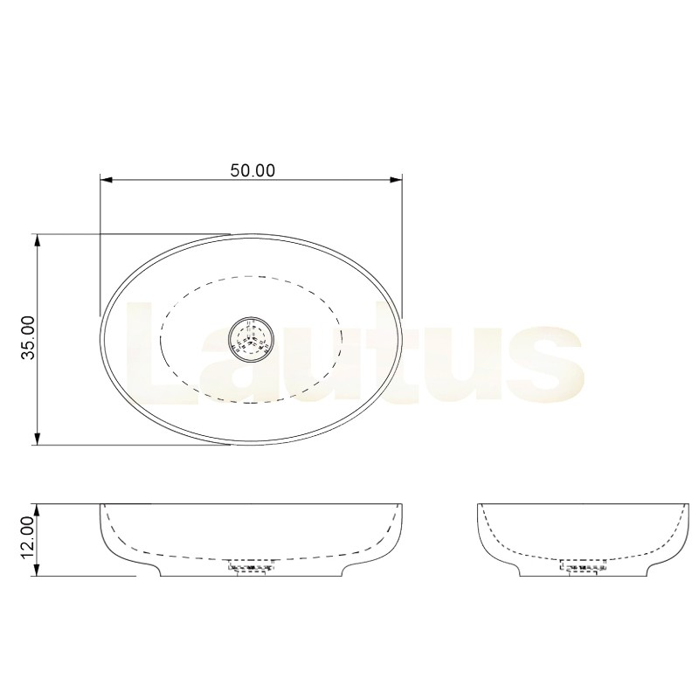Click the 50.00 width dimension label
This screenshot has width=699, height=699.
point(253,170)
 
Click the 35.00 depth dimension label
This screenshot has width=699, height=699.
point(29,337)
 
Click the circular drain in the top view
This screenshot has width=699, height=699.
point(252,339)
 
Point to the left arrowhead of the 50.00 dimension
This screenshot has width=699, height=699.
point(106,180)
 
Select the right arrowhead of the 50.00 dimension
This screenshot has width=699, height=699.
point(397,180)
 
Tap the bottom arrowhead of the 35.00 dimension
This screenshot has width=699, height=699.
point(38,439)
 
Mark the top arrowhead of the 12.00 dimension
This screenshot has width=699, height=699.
point(38,511)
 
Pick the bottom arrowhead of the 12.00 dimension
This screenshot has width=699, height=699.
point(38,570)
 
